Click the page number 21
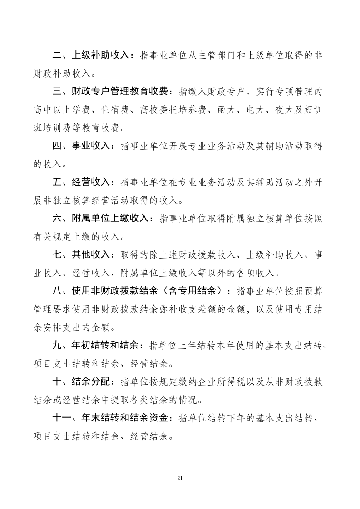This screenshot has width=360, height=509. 180,478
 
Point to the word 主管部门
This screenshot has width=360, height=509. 217,55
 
